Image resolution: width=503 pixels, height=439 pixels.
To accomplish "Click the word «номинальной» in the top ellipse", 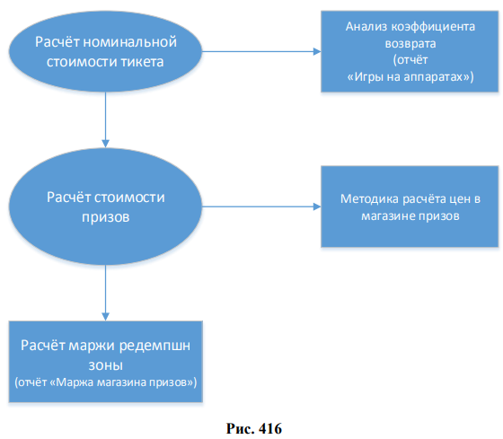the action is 130,42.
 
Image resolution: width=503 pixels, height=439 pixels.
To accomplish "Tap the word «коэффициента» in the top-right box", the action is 433,27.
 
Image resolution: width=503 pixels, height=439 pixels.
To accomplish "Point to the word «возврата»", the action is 410,44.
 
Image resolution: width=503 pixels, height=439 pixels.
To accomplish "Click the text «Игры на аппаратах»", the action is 410,77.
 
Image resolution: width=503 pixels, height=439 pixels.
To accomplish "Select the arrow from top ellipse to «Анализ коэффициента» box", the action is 261,51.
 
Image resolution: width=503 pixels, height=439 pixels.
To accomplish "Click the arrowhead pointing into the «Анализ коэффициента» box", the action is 317,51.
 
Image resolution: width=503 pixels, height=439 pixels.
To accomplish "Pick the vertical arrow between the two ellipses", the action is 106,120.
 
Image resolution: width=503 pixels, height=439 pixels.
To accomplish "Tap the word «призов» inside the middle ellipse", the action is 106,217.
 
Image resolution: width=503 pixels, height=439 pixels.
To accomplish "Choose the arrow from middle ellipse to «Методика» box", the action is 261,206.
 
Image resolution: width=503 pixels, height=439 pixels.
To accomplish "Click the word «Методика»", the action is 369,199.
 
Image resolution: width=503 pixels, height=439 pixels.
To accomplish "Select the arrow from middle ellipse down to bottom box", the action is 106,293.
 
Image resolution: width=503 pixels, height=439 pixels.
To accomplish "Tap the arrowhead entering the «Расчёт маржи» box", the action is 106,317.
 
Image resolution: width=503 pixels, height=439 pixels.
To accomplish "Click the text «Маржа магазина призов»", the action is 122,382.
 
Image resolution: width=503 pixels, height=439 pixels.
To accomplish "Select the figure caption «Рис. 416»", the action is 254,429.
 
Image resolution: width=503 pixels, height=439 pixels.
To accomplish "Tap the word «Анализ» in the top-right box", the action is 366,27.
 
